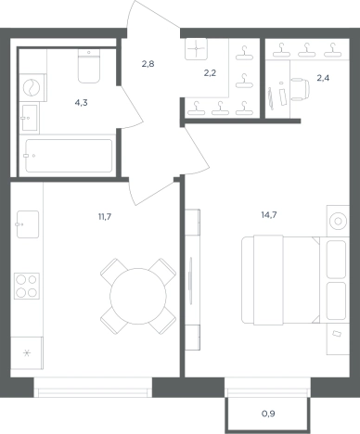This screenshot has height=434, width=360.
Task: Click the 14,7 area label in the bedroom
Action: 269,215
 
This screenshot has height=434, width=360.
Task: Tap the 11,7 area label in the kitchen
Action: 105,217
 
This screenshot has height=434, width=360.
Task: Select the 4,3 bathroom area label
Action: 81,103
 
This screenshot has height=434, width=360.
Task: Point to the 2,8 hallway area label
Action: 148,64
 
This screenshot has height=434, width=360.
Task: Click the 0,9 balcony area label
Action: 268,414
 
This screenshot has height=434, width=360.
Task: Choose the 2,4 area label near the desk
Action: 323,78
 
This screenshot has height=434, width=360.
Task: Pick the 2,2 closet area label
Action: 210,73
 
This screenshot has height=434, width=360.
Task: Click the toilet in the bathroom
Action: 89,66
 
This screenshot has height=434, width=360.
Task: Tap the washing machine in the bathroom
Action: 32,87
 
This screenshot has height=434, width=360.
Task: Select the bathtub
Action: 69,156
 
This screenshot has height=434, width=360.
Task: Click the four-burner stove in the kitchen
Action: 27,286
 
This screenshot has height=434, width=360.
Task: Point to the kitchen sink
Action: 28,224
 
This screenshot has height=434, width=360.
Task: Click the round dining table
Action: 138,296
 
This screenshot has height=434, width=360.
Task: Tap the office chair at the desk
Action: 300,89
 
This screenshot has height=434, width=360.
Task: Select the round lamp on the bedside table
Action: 338,221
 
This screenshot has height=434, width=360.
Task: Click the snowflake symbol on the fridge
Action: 27,352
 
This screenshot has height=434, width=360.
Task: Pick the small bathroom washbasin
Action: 30,118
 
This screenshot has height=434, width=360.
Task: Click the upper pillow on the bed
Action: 336,260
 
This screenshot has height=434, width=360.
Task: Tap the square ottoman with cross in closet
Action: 196,49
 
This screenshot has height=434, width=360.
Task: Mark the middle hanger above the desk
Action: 306,50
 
